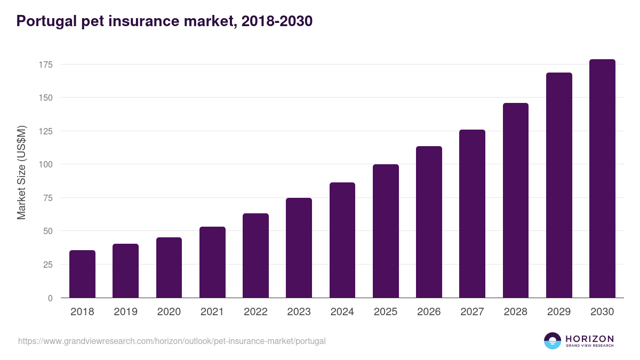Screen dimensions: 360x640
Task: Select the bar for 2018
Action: (x=82, y=274)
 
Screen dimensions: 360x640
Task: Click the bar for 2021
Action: (x=212, y=262)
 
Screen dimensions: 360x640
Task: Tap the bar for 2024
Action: (x=342, y=240)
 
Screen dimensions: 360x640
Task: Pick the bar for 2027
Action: (x=473, y=213)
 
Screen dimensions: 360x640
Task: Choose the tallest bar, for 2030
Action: (x=602, y=179)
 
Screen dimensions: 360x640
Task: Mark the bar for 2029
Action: (x=559, y=185)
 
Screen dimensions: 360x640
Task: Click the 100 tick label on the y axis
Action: (x=46, y=164)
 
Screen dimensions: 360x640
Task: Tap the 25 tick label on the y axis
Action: (x=48, y=265)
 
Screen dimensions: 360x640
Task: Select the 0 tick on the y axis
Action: (x=50, y=298)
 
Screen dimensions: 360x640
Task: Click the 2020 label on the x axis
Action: (x=169, y=312)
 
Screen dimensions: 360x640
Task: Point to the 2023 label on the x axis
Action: (x=299, y=312)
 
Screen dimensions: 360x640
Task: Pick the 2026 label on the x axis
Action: (x=429, y=312)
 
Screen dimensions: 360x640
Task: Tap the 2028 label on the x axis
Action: (x=516, y=312)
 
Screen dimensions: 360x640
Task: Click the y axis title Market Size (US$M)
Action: (x=21, y=172)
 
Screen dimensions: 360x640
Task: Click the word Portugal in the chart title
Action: (x=43, y=21)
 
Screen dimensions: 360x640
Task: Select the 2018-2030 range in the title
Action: (x=276, y=21)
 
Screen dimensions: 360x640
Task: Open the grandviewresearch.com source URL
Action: (x=172, y=341)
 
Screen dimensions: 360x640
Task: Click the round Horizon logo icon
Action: (x=553, y=341)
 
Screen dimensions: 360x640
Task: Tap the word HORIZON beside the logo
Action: (x=589, y=338)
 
